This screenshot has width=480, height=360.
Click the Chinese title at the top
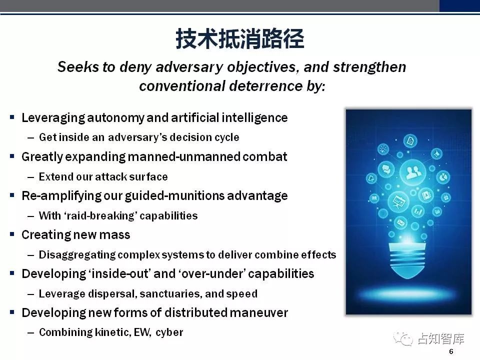[239, 39]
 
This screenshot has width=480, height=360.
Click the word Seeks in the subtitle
[78, 67]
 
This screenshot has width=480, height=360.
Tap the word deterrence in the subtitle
[265, 86]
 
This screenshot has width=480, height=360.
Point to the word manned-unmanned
[183, 156]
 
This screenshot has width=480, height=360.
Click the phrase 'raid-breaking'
[100, 216]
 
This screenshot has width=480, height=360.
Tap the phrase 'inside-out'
[119, 273]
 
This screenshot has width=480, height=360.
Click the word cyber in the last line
[169, 333]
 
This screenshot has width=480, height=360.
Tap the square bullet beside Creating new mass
[12, 234]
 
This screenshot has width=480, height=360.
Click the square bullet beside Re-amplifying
[12, 195]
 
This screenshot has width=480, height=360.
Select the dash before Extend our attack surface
[30, 177]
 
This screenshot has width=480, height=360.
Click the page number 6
[451, 351]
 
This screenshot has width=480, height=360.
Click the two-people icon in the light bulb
[413, 172]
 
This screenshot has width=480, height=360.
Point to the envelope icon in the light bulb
[400, 222]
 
